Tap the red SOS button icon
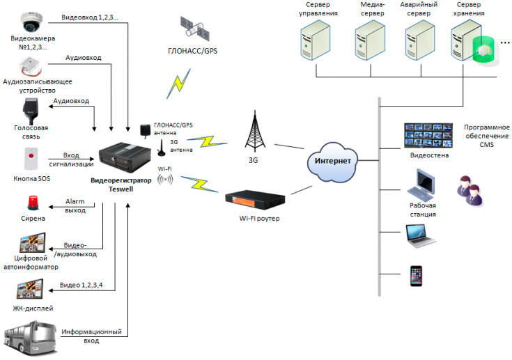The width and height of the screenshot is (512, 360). (30, 160)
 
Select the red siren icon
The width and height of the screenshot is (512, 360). (31, 202)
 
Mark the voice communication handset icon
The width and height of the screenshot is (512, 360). (31, 111)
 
